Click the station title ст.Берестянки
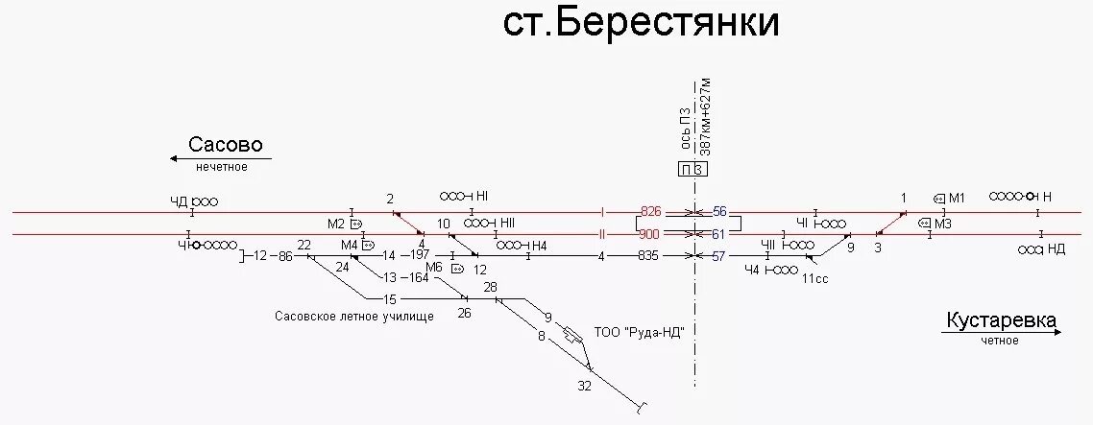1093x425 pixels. coord(641,25)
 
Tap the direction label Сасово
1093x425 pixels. coord(225,146)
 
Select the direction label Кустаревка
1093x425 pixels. coord(1001,320)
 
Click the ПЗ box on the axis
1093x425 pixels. coord(693,170)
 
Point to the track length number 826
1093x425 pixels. coord(651,211)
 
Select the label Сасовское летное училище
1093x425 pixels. coord(354,316)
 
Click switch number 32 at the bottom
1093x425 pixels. coord(585,386)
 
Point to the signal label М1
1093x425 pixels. coord(957,199)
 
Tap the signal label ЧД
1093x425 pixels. coord(179,201)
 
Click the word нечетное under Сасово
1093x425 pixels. coord(222,167)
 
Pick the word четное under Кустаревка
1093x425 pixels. coord(1000,342)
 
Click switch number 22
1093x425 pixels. coord(304,246)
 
